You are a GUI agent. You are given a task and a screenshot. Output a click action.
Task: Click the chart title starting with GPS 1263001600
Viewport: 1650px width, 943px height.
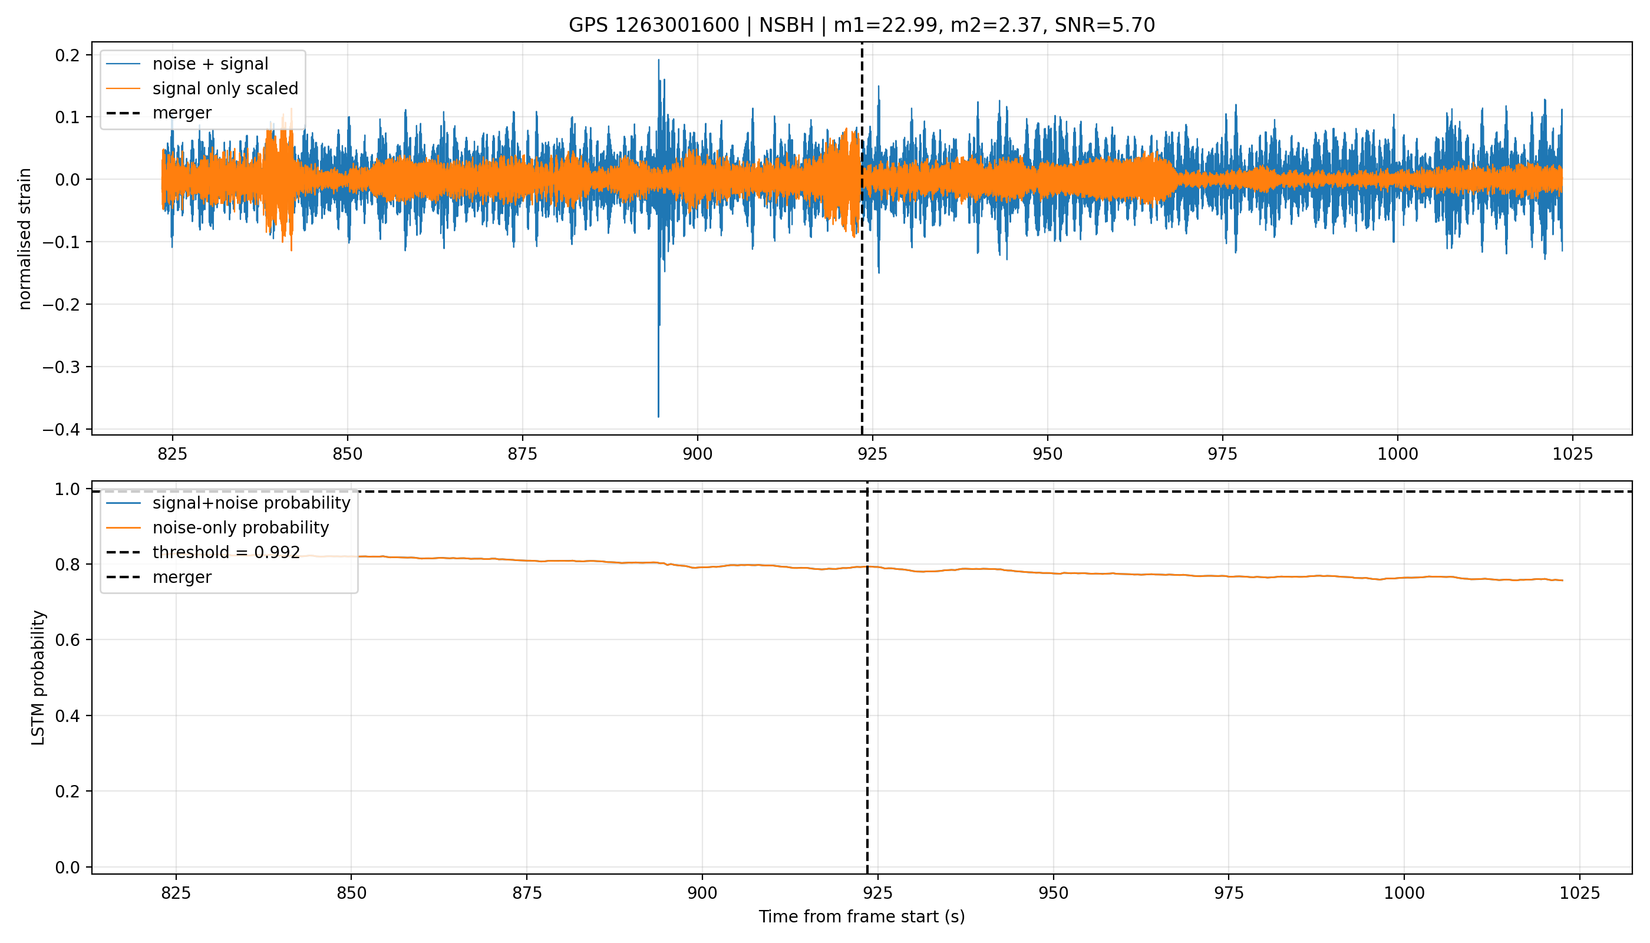(x=862, y=25)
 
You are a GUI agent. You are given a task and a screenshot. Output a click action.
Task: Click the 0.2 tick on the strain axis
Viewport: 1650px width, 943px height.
(x=68, y=55)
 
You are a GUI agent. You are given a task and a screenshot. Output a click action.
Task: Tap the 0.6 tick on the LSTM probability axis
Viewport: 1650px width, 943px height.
(x=68, y=640)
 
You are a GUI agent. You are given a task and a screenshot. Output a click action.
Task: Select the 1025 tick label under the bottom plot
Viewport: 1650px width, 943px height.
(x=1579, y=893)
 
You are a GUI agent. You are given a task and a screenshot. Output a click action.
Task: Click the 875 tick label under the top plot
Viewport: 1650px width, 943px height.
(x=523, y=454)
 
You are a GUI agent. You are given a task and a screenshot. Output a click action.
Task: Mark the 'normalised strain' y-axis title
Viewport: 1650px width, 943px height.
(x=25, y=239)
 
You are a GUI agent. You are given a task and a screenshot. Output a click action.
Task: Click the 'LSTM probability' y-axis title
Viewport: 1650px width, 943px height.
(x=38, y=678)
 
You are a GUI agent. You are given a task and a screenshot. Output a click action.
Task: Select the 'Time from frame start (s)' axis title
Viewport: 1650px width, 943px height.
(x=862, y=917)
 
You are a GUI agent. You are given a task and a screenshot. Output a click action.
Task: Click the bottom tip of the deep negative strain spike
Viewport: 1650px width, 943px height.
(x=659, y=417)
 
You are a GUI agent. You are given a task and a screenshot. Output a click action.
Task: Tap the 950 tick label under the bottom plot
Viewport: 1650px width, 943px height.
(x=1054, y=893)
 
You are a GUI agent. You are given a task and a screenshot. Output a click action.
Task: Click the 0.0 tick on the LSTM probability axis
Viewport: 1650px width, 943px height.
(x=68, y=867)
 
